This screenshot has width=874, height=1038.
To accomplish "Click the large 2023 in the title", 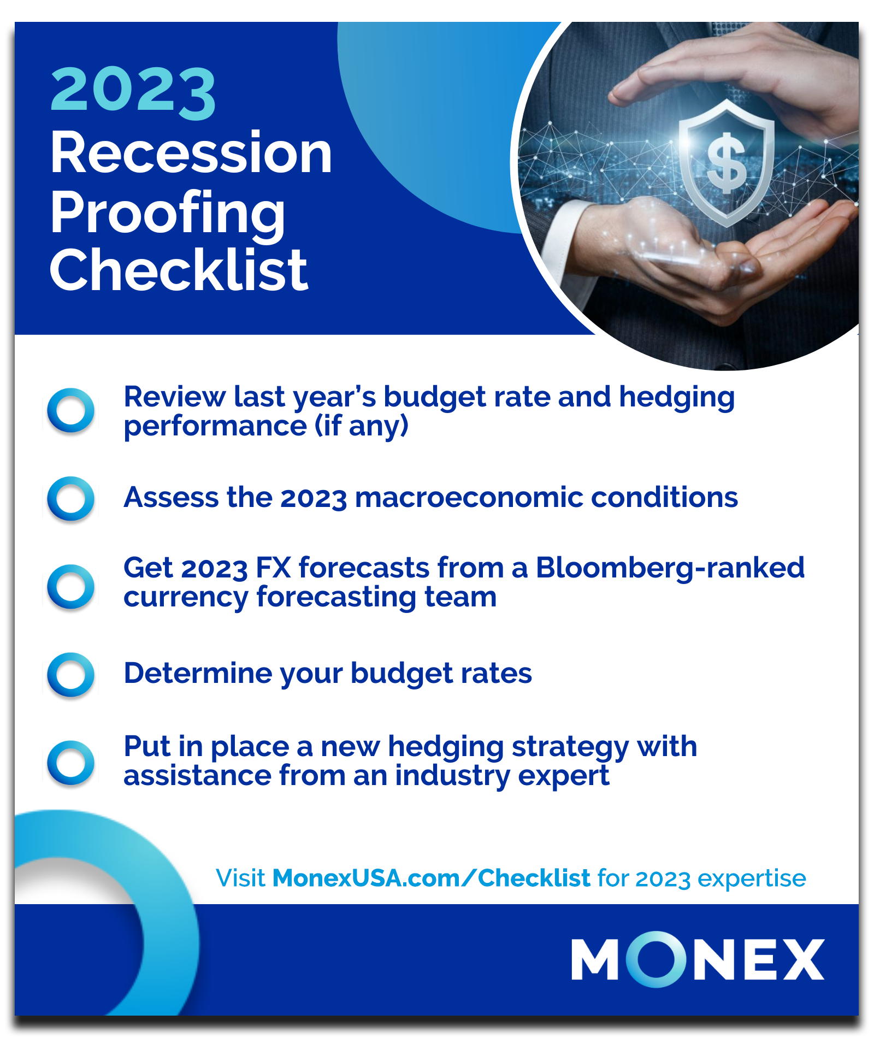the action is click(133, 93).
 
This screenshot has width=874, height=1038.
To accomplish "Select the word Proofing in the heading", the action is click(167, 215).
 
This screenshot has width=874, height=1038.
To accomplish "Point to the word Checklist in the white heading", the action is click(179, 269).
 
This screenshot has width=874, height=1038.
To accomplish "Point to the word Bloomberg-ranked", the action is click(670, 569).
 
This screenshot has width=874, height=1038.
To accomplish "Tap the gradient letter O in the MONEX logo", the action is click(655, 959).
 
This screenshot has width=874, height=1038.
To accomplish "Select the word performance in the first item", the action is click(215, 427).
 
